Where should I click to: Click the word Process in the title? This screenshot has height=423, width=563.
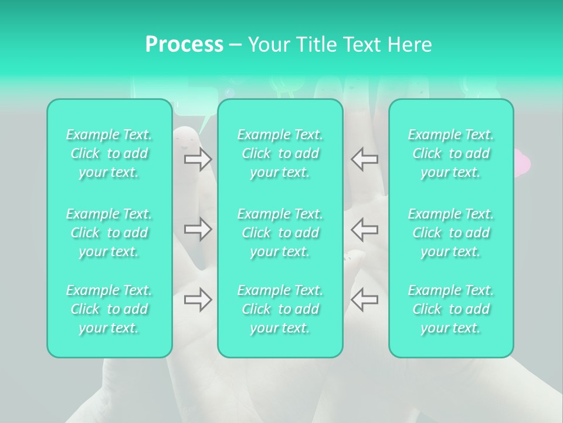[x=184, y=45]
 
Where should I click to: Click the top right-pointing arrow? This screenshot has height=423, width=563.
[x=198, y=159]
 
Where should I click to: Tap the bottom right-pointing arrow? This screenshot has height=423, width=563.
[x=198, y=299]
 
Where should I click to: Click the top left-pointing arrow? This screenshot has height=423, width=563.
[x=364, y=159]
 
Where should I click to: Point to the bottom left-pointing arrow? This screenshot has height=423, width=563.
[x=364, y=299]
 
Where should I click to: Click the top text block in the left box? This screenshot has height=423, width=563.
[x=109, y=153]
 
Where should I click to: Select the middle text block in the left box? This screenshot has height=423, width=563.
[x=109, y=233]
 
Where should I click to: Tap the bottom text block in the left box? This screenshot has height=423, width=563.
[x=109, y=309]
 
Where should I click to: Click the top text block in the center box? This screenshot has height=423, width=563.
[x=280, y=153]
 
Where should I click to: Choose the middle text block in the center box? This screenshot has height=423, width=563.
[x=280, y=233]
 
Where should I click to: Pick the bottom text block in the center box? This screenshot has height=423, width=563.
[x=280, y=309]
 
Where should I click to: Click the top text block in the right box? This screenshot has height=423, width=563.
[x=451, y=153]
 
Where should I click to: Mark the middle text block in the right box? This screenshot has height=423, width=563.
[x=451, y=233]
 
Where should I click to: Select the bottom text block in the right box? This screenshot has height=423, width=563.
[x=451, y=309]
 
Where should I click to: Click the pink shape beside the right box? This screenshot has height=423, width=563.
[x=521, y=162]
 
